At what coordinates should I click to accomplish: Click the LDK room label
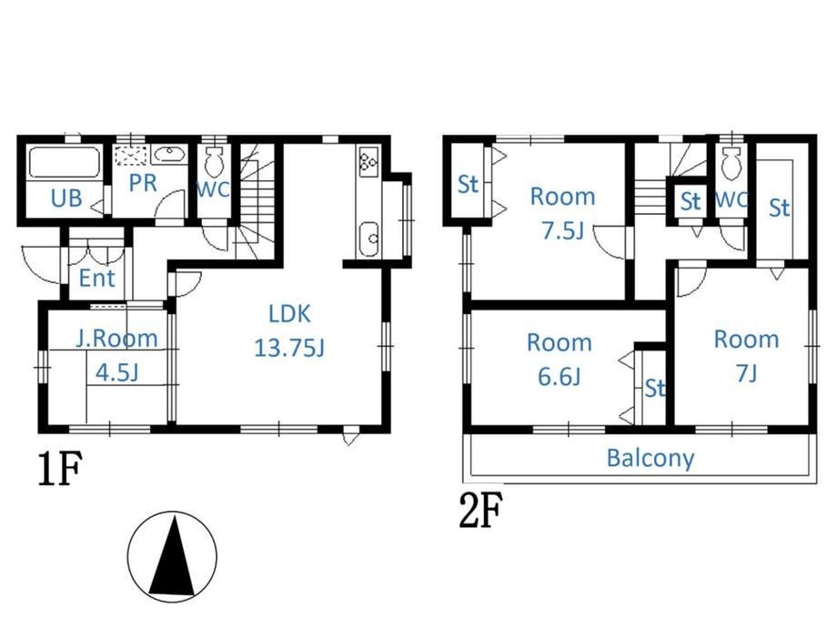(289, 313)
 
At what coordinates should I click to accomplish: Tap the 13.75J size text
(288, 348)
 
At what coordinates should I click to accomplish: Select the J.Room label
(116, 339)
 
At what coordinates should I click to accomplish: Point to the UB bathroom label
(66, 198)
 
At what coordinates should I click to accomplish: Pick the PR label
(143, 183)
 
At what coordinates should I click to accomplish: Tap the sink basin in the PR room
(169, 155)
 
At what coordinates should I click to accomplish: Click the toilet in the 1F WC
(215, 162)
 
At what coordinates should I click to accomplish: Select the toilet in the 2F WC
(730, 162)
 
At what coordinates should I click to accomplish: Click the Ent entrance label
(96, 279)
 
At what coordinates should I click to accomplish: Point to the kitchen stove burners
(368, 161)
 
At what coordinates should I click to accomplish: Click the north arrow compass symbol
(172, 556)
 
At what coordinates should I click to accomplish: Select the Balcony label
(650, 458)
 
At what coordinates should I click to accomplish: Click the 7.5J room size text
(562, 231)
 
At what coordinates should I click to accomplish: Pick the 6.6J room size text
(559, 377)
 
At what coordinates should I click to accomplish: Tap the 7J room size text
(746, 373)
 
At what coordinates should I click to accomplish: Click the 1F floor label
(60, 469)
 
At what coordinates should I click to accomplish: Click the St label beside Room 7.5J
(468, 184)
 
